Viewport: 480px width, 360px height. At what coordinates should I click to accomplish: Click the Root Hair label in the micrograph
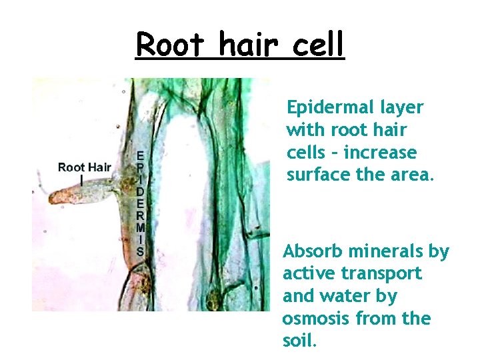click(x=84, y=167)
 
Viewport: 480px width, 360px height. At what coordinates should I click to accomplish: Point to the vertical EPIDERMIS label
click(x=140, y=203)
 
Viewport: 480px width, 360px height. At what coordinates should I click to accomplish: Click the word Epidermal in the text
click(x=325, y=108)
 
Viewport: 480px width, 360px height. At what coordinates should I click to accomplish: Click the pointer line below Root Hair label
click(x=81, y=180)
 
